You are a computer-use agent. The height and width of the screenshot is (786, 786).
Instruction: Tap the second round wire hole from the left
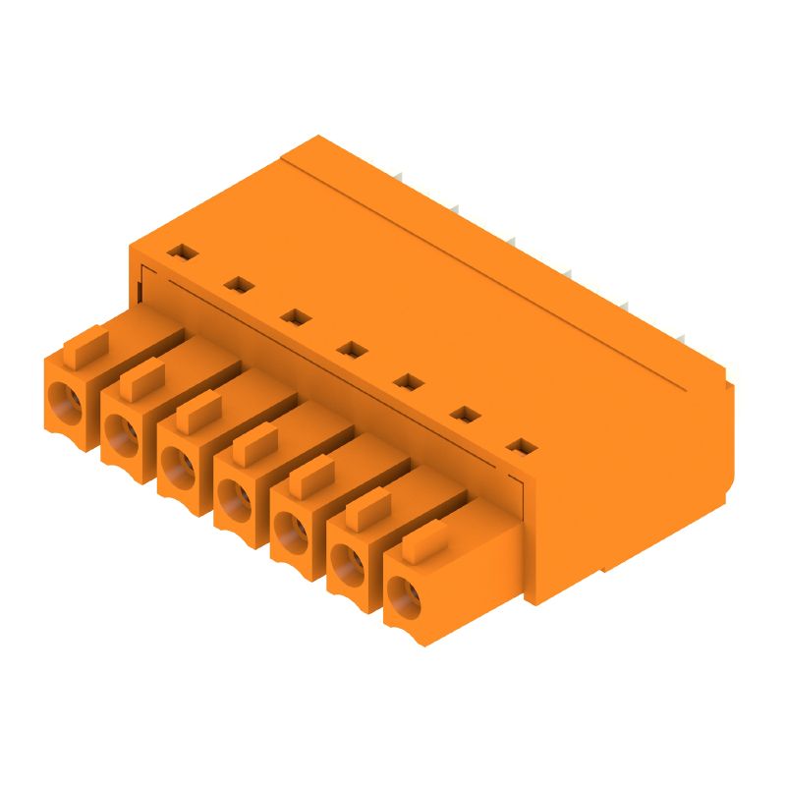pyautogui.click(x=121, y=430)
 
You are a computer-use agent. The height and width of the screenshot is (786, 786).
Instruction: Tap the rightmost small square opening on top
pyautogui.click(x=523, y=448)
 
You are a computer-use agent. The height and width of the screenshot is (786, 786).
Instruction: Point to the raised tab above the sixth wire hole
pyautogui.click(x=367, y=510)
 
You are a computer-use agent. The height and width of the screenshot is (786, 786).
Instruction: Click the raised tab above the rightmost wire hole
pyautogui.click(x=424, y=542)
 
